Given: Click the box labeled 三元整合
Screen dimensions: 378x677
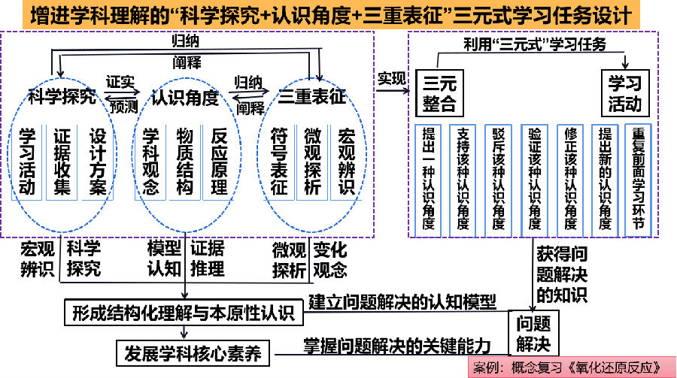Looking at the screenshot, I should point(440,92).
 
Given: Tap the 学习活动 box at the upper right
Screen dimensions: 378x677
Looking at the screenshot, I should point(625,92).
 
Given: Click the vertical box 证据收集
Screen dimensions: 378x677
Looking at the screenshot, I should point(62,161).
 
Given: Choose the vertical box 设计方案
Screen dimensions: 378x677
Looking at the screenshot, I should point(98,161).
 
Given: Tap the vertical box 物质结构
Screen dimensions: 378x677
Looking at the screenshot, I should point(184,161).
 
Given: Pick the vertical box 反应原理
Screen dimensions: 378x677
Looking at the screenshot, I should point(220,161).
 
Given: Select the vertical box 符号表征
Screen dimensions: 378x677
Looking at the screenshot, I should point(278,161).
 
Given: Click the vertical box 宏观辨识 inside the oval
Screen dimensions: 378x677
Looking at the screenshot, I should point(347,161).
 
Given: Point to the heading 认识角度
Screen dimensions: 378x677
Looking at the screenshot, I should point(184,98).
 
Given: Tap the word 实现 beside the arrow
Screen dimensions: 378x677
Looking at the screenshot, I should point(391,77).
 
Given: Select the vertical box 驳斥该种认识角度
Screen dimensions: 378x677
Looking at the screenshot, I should point(499,179).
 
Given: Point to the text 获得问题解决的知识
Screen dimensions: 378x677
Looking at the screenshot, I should point(558,275).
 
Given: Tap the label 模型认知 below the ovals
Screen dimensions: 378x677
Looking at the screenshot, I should point(164,258).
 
